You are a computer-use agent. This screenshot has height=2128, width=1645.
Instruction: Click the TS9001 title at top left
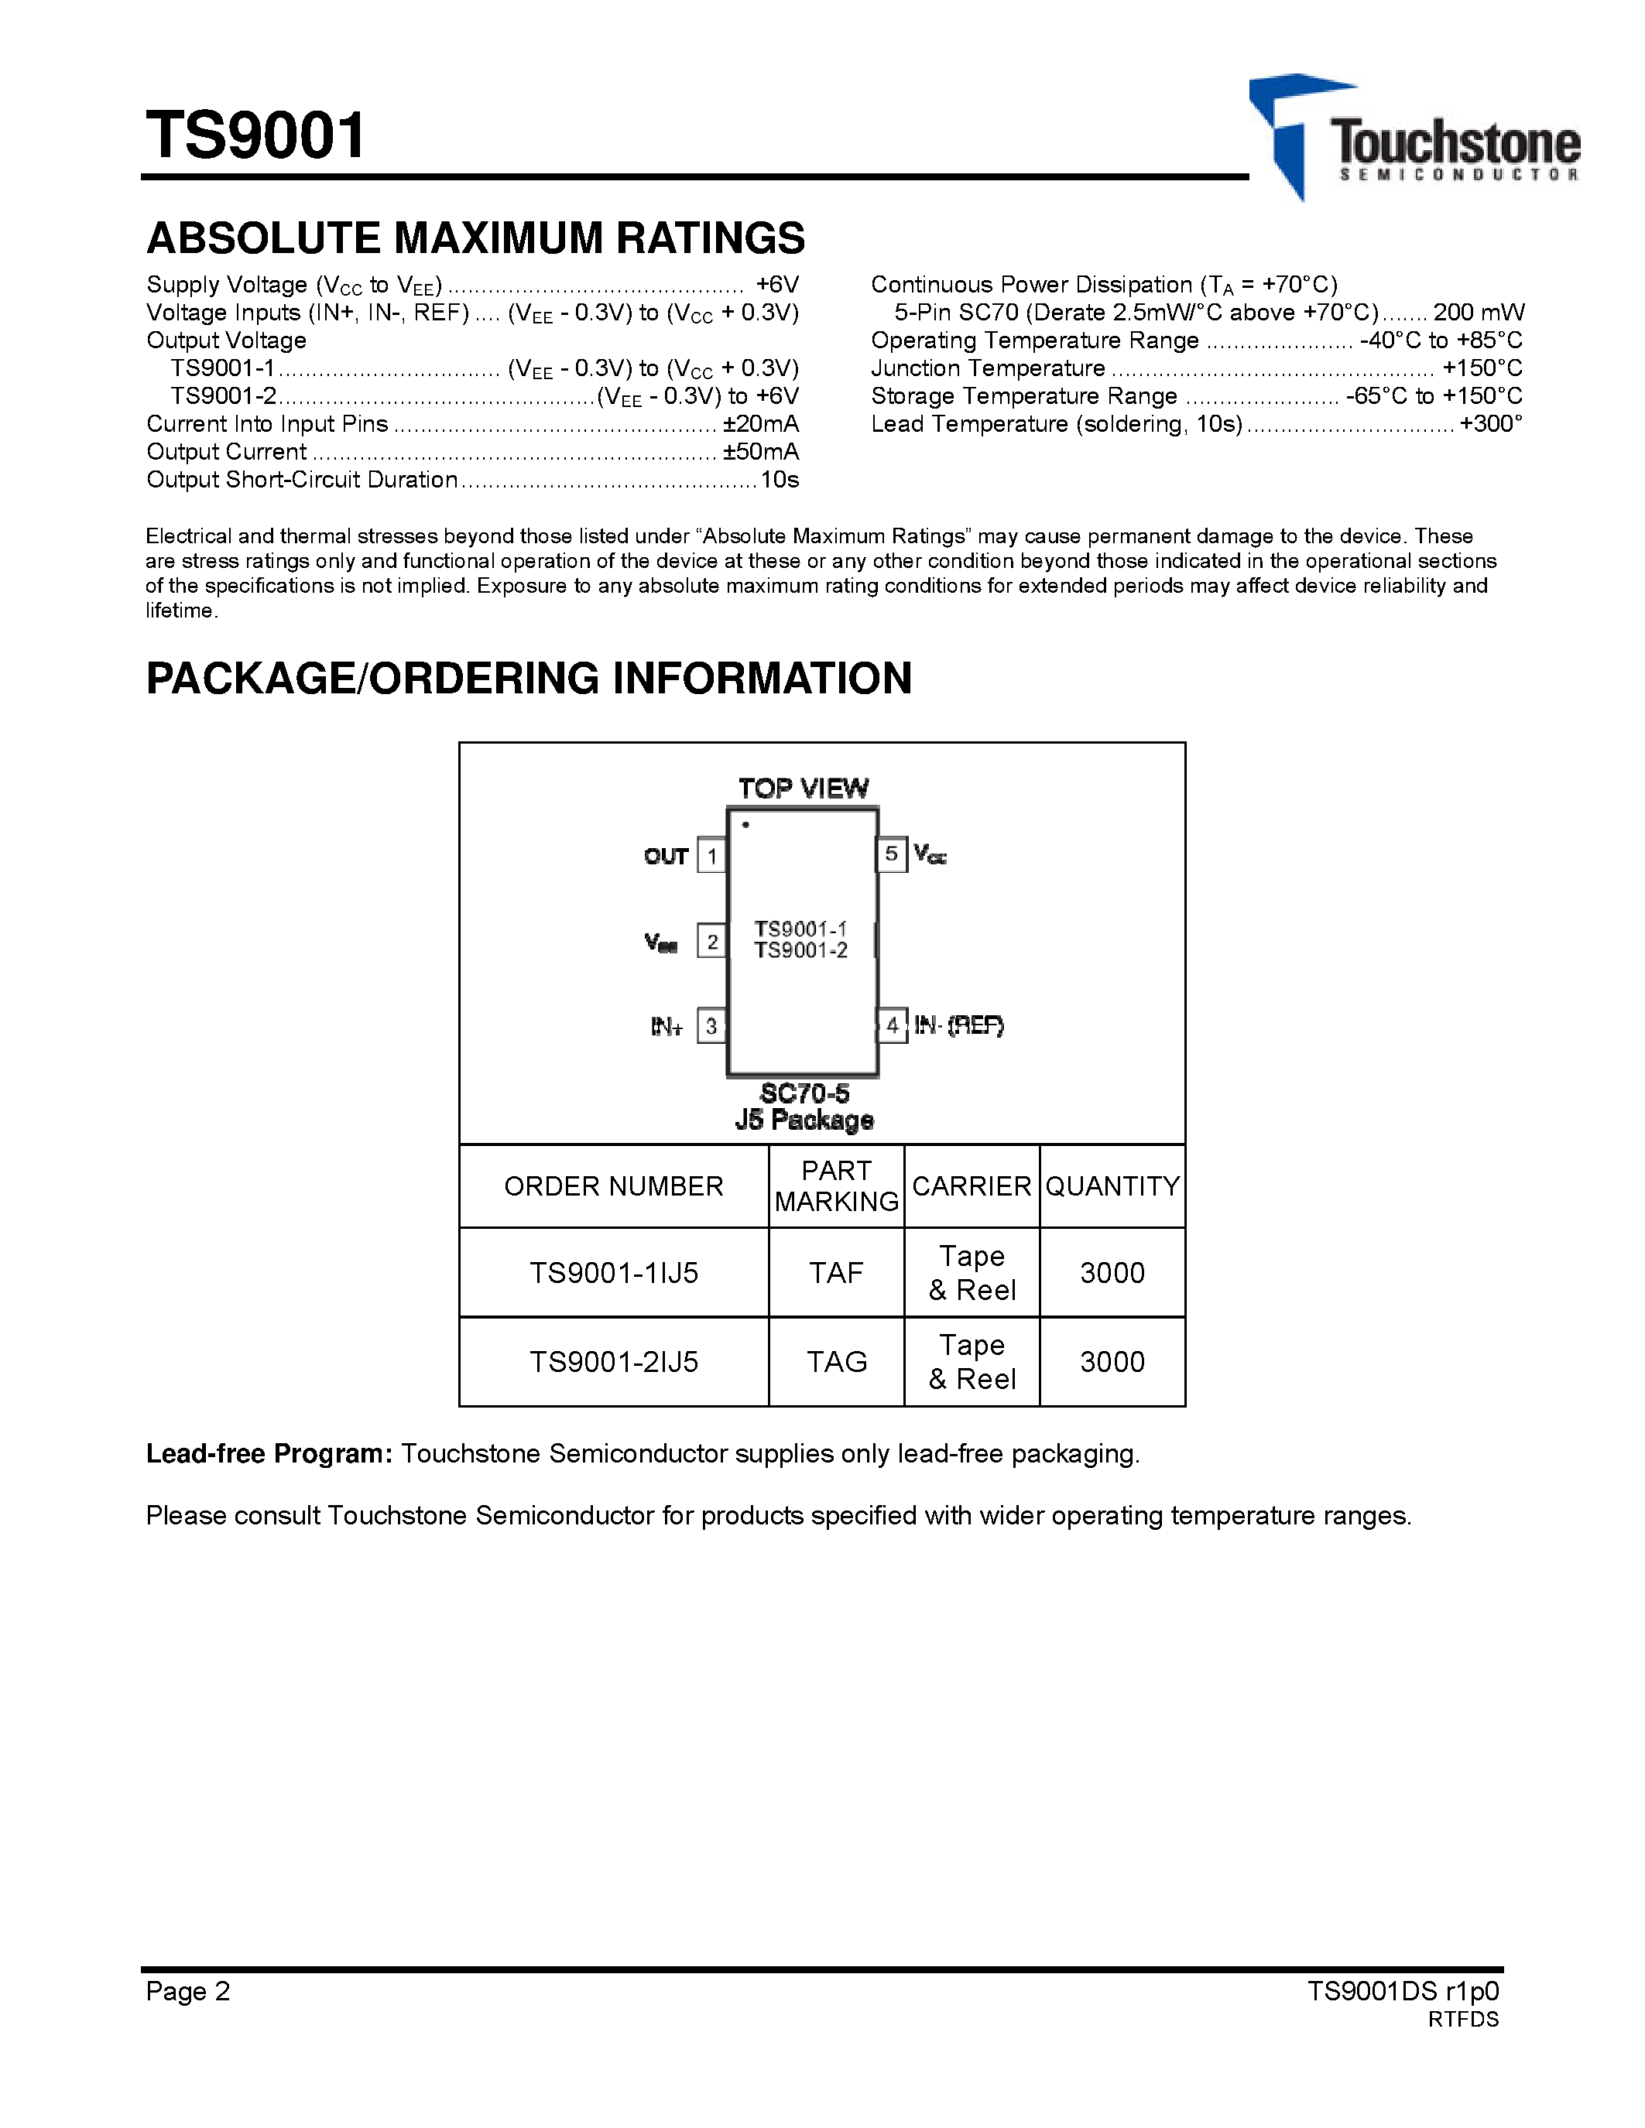point(255,135)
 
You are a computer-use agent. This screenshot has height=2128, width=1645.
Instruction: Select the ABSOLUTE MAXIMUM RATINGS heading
point(475,238)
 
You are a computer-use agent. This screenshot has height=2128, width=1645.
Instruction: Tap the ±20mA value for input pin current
point(760,424)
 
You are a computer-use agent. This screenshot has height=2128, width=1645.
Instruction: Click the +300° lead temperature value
point(1490,424)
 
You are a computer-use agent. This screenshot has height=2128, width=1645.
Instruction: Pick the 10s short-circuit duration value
point(780,480)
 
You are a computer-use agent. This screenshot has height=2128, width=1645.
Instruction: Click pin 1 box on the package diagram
point(712,857)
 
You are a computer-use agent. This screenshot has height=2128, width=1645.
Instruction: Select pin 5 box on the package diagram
point(892,854)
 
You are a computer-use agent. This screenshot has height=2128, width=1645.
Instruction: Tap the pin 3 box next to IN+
point(712,1026)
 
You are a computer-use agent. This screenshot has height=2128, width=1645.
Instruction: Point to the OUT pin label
point(667,857)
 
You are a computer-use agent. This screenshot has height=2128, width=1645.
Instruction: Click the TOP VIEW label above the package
point(803,789)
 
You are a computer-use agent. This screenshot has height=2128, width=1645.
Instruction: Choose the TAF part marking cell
point(836,1272)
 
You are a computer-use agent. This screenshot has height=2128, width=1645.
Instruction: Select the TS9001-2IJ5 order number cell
point(614,1361)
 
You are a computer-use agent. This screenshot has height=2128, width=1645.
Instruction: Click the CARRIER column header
point(972,1185)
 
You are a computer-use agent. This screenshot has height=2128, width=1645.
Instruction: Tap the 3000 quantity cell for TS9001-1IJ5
point(1112,1272)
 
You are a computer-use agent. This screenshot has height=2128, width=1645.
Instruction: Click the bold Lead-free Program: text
point(269,1454)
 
